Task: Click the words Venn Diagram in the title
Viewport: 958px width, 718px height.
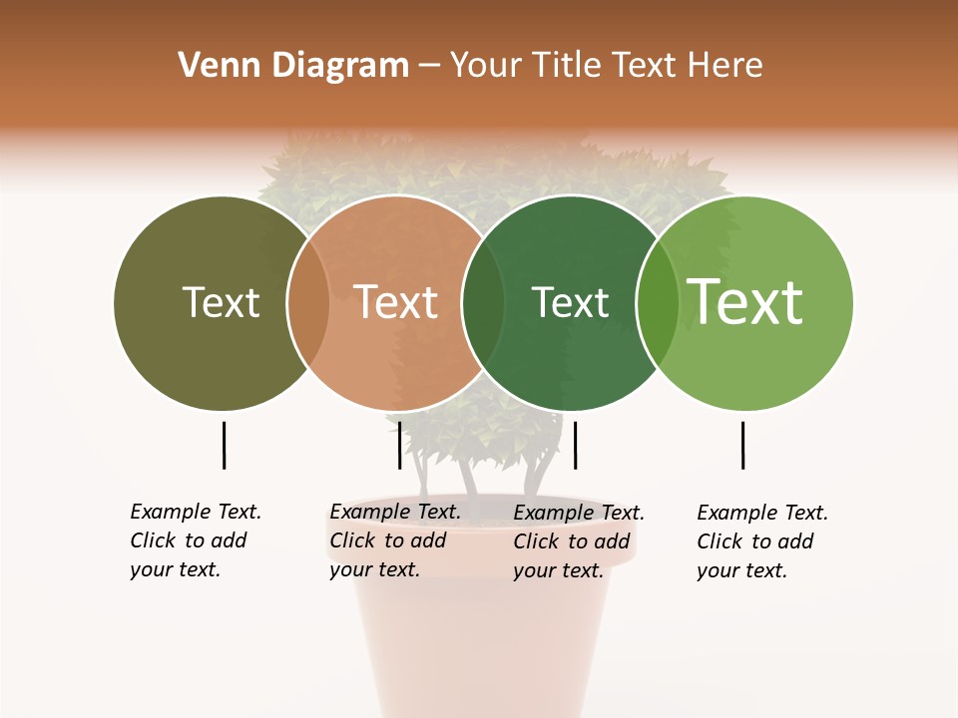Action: [293, 66]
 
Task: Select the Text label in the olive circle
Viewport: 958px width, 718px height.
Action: [221, 302]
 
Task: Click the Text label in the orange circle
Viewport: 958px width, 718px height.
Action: [395, 302]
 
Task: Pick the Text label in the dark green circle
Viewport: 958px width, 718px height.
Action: [570, 302]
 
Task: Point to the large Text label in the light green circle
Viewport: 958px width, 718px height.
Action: [744, 301]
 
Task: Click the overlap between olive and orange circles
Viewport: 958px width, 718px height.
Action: [308, 303]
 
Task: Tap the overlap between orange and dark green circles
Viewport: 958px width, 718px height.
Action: [483, 303]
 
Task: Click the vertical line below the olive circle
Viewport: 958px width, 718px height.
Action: [224, 445]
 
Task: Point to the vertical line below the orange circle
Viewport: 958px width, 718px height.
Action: [399, 445]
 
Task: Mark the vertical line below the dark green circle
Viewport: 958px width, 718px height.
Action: [575, 445]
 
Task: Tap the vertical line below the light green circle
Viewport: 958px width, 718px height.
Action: [742, 445]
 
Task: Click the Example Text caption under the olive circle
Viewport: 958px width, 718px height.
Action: [195, 540]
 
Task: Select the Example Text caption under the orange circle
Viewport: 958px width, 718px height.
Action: [394, 540]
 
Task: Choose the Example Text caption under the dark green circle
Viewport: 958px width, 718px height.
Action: [578, 541]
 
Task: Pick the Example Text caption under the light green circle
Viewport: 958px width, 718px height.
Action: [761, 541]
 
